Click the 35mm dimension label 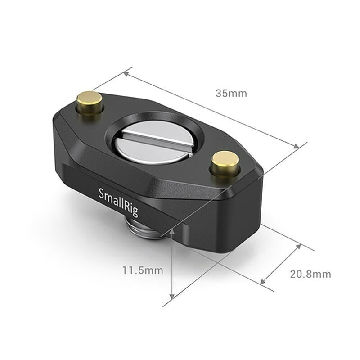(x=231, y=94)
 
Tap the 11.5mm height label (x=142, y=270)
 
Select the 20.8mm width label (x=310, y=274)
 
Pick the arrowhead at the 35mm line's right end (x=296, y=146)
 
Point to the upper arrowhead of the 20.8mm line (x=298, y=246)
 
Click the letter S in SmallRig (x=101, y=194)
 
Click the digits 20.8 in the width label (x=301, y=274)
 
